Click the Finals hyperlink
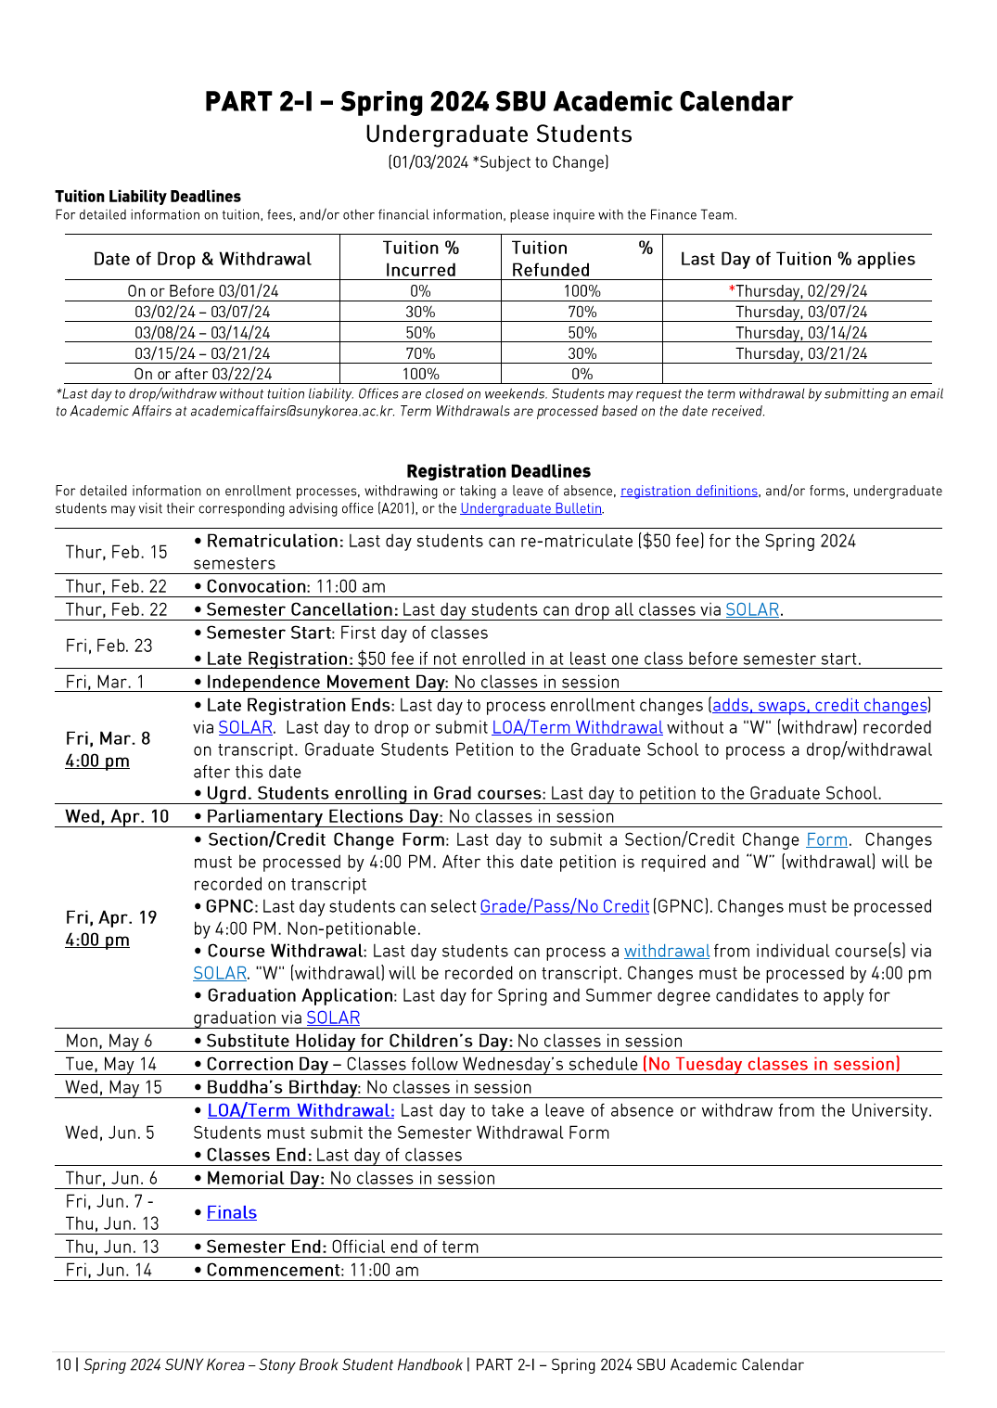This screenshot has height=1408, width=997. point(231,1212)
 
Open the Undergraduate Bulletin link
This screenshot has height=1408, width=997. point(530,508)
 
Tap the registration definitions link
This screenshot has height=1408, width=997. point(688,491)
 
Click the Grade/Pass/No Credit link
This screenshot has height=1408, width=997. point(564,906)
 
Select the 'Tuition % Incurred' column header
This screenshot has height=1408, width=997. point(420,259)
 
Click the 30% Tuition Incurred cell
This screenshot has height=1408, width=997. point(420,312)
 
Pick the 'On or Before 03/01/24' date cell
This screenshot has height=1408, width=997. point(202,291)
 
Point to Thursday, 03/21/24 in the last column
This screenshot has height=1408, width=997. point(800,353)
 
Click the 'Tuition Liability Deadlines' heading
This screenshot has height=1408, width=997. point(147,197)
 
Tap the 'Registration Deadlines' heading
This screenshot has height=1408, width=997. point(498,471)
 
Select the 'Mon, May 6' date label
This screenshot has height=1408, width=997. point(109,1041)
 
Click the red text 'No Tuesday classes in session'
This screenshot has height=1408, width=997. point(771,1064)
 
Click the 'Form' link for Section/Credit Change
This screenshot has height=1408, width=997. point(826,839)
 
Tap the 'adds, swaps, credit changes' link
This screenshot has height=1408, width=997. point(820,705)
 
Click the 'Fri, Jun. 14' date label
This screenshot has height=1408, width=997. point(109,1270)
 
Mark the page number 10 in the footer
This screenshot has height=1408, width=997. point(63,1364)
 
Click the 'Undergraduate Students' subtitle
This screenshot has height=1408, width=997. point(498,134)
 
